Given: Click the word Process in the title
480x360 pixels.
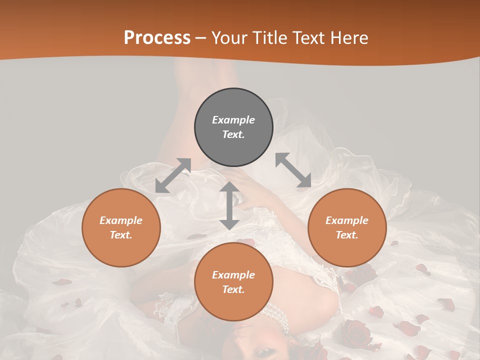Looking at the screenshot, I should [x=157, y=38].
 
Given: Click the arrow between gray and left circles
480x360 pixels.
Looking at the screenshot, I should [x=173, y=175].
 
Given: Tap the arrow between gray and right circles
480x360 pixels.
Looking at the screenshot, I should [x=293, y=170].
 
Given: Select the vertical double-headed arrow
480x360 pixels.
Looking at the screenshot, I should [x=229, y=205].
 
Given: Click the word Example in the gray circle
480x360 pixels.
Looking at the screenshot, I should [x=233, y=120].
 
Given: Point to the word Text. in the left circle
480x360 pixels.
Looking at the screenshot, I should [x=121, y=235].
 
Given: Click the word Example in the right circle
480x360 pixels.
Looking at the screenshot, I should [x=347, y=220].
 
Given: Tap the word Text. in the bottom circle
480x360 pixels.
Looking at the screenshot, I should [x=233, y=289].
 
